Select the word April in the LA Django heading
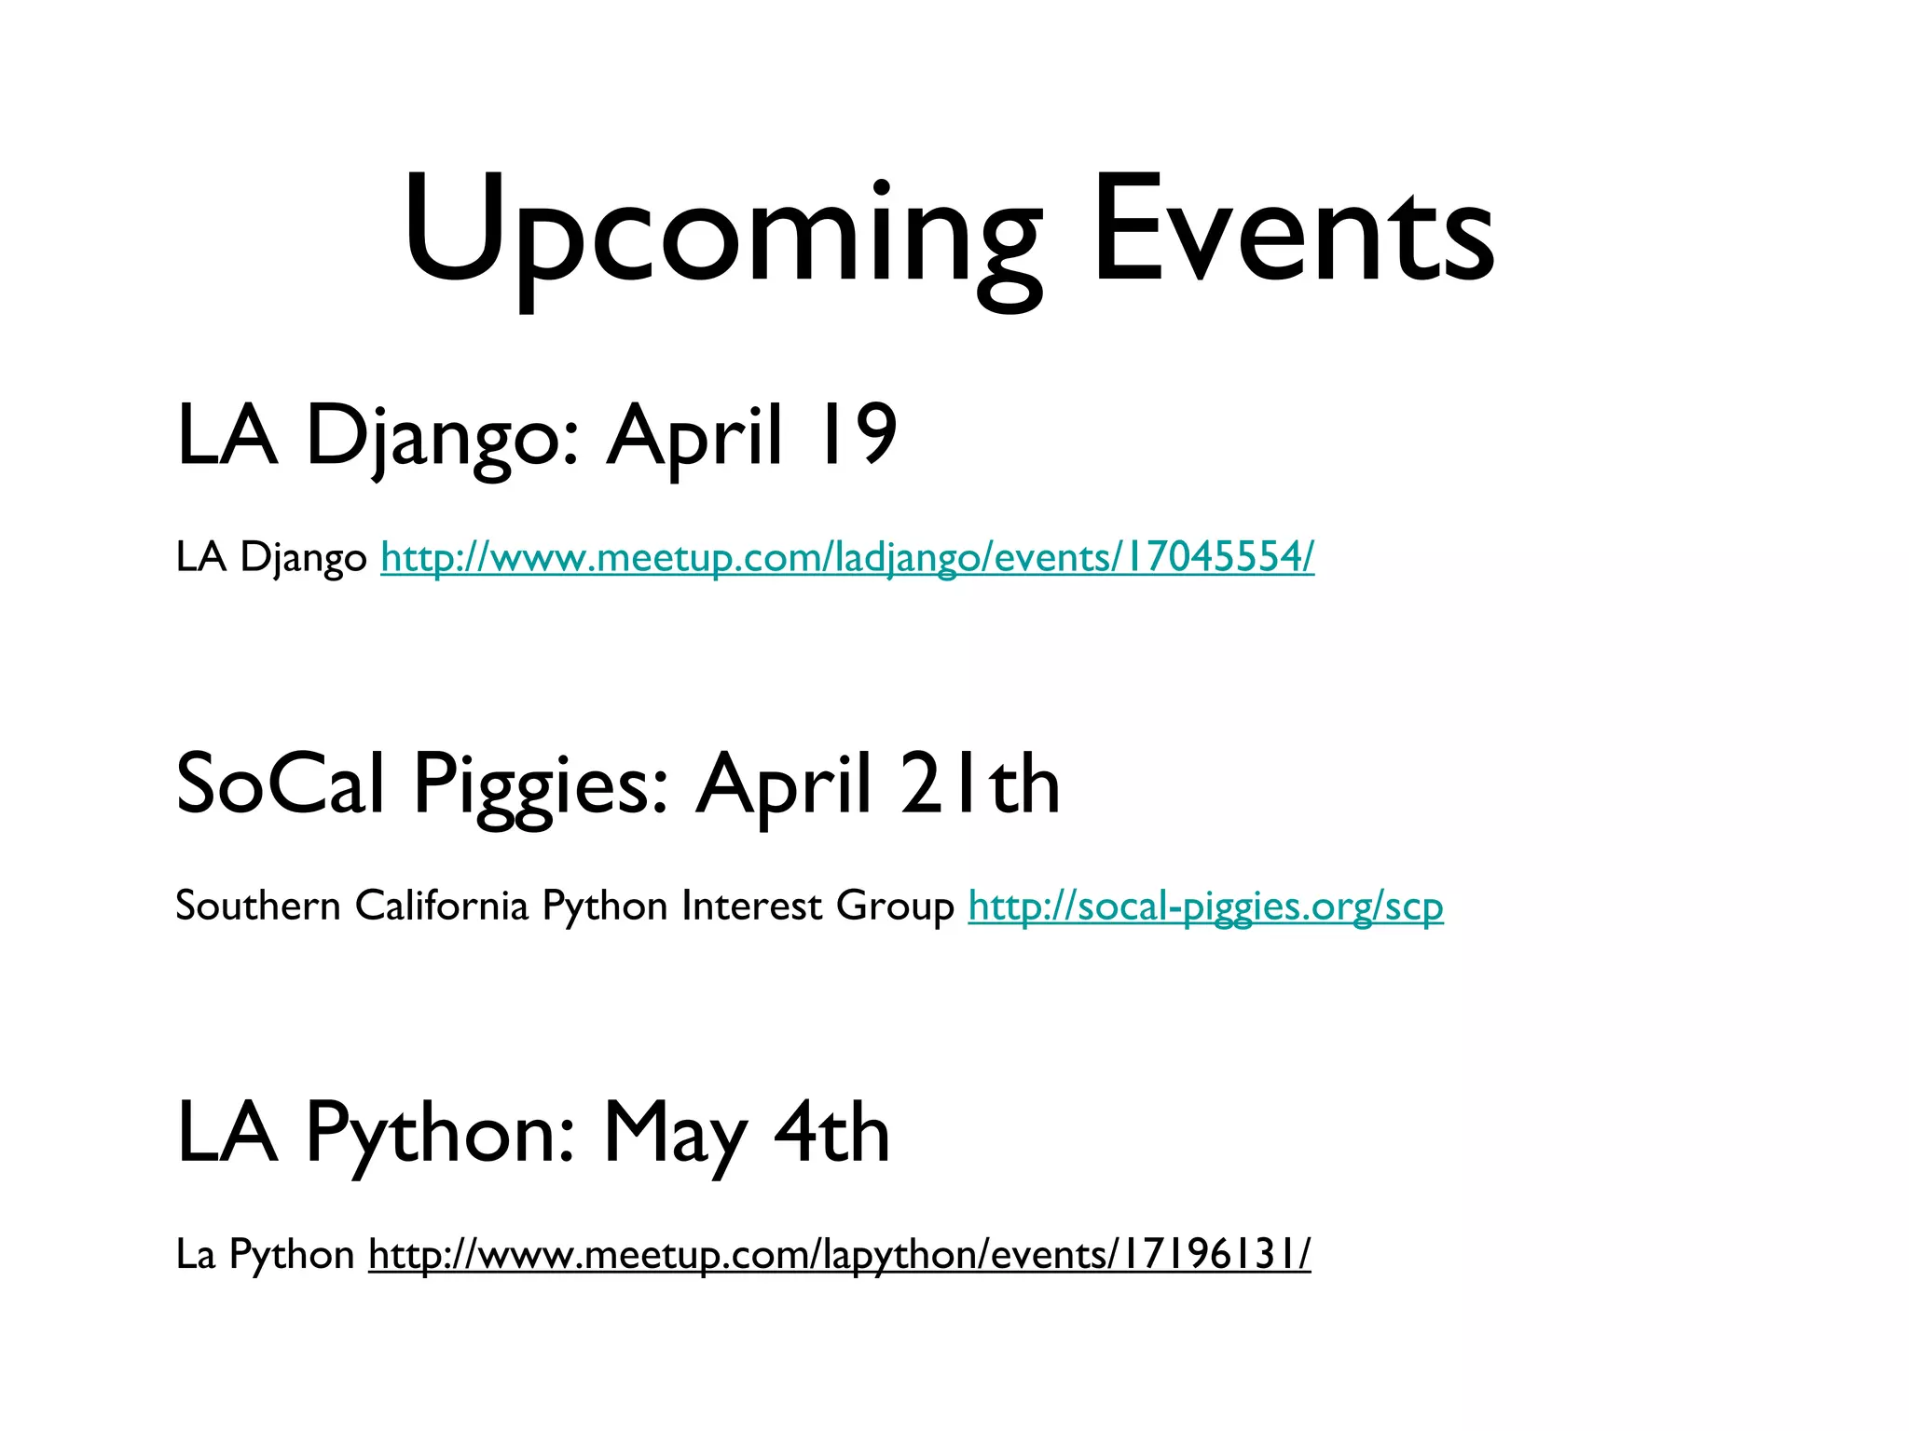pos(694,435)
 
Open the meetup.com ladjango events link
pos(847,558)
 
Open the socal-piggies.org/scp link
pos(1205,906)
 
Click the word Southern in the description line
pos(258,906)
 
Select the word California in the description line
pos(442,906)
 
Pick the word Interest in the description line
pos(751,906)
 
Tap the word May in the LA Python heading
pos(674,1134)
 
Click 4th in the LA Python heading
pos(831,1134)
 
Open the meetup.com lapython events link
pos(839,1255)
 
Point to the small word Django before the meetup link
pos(304,558)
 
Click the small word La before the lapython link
pos(195,1255)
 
